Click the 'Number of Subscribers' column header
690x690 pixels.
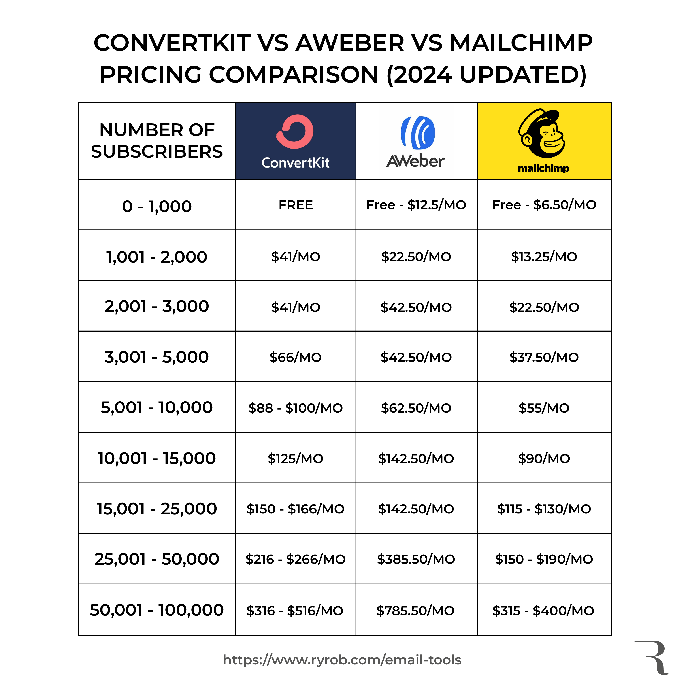pyautogui.click(x=157, y=141)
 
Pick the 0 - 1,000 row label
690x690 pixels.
pyautogui.click(x=157, y=206)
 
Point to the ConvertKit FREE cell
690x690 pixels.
pyautogui.click(x=295, y=205)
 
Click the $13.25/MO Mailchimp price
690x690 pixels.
pyautogui.click(x=544, y=256)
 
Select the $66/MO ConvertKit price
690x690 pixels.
pyautogui.click(x=295, y=357)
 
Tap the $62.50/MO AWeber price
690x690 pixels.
pyautogui.click(x=416, y=408)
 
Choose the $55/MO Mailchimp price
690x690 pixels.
pyautogui.click(x=544, y=408)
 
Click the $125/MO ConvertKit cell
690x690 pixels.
pyautogui.click(x=295, y=459)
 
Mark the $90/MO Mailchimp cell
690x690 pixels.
pyautogui.click(x=544, y=459)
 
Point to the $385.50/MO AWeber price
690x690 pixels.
pyautogui.click(x=416, y=559)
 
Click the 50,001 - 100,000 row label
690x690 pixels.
pyautogui.click(x=157, y=610)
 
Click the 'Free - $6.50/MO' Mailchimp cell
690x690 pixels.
pyautogui.click(x=544, y=205)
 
